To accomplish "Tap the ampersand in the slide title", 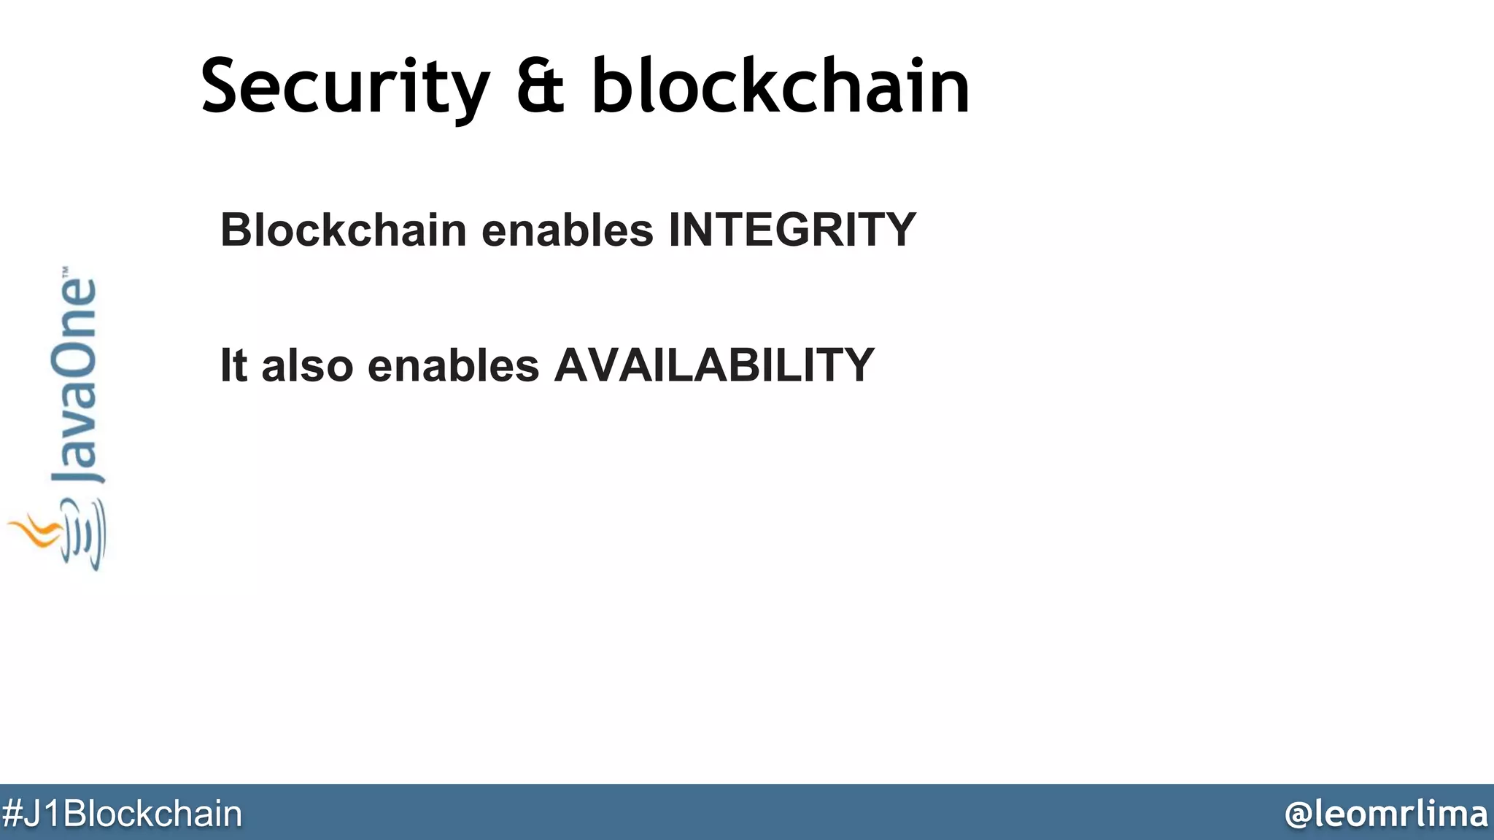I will click(x=541, y=87).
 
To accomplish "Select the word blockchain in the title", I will click(x=781, y=87).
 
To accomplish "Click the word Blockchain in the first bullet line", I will click(x=344, y=230).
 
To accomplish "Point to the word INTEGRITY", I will click(x=792, y=230).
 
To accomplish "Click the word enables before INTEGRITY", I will click(x=568, y=230).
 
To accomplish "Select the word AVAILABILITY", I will click(x=714, y=365).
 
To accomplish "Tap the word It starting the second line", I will click(x=233, y=365).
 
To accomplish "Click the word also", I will click(x=307, y=365).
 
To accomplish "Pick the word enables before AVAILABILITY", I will click(x=453, y=365).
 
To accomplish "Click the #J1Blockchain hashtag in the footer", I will click(x=121, y=814).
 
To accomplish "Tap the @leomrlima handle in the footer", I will click(x=1386, y=814).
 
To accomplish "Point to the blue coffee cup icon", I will click(x=84, y=536).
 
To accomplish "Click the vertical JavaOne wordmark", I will click(x=74, y=379).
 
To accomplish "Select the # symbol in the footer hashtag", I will click(x=13, y=814).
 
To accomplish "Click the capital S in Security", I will click(x=222, y=87).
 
